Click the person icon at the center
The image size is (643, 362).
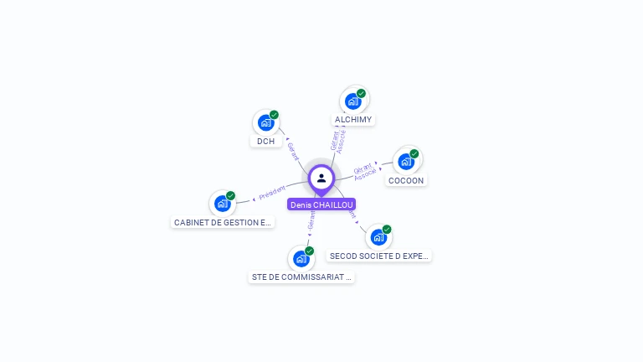click(321, 178)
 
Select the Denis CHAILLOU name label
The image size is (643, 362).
click(321, 204)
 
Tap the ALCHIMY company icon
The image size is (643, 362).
click(353, 101)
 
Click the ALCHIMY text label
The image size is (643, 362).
click(353, 120)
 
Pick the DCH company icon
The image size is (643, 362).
click(266, 122)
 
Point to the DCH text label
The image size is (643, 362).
click(266, 141)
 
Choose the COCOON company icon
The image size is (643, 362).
click(406, 161)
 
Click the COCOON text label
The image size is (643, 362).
click(406, 180)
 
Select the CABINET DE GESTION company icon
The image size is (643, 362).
click(223, 203)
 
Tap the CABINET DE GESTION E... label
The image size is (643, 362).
click(223, 222)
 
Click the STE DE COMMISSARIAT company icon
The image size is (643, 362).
click(301, 258)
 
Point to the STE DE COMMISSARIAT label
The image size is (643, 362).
click(301, 277)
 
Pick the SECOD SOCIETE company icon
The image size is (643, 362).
click(378, 237)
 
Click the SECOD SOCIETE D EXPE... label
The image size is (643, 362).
click(379, 256)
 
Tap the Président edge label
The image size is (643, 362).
click(272, 193)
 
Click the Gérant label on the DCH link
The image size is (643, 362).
click(292, 151)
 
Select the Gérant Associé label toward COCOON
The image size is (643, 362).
click(364, 172)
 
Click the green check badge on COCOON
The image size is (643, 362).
click(414, 153)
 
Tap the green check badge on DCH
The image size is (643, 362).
click(274, 115)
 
